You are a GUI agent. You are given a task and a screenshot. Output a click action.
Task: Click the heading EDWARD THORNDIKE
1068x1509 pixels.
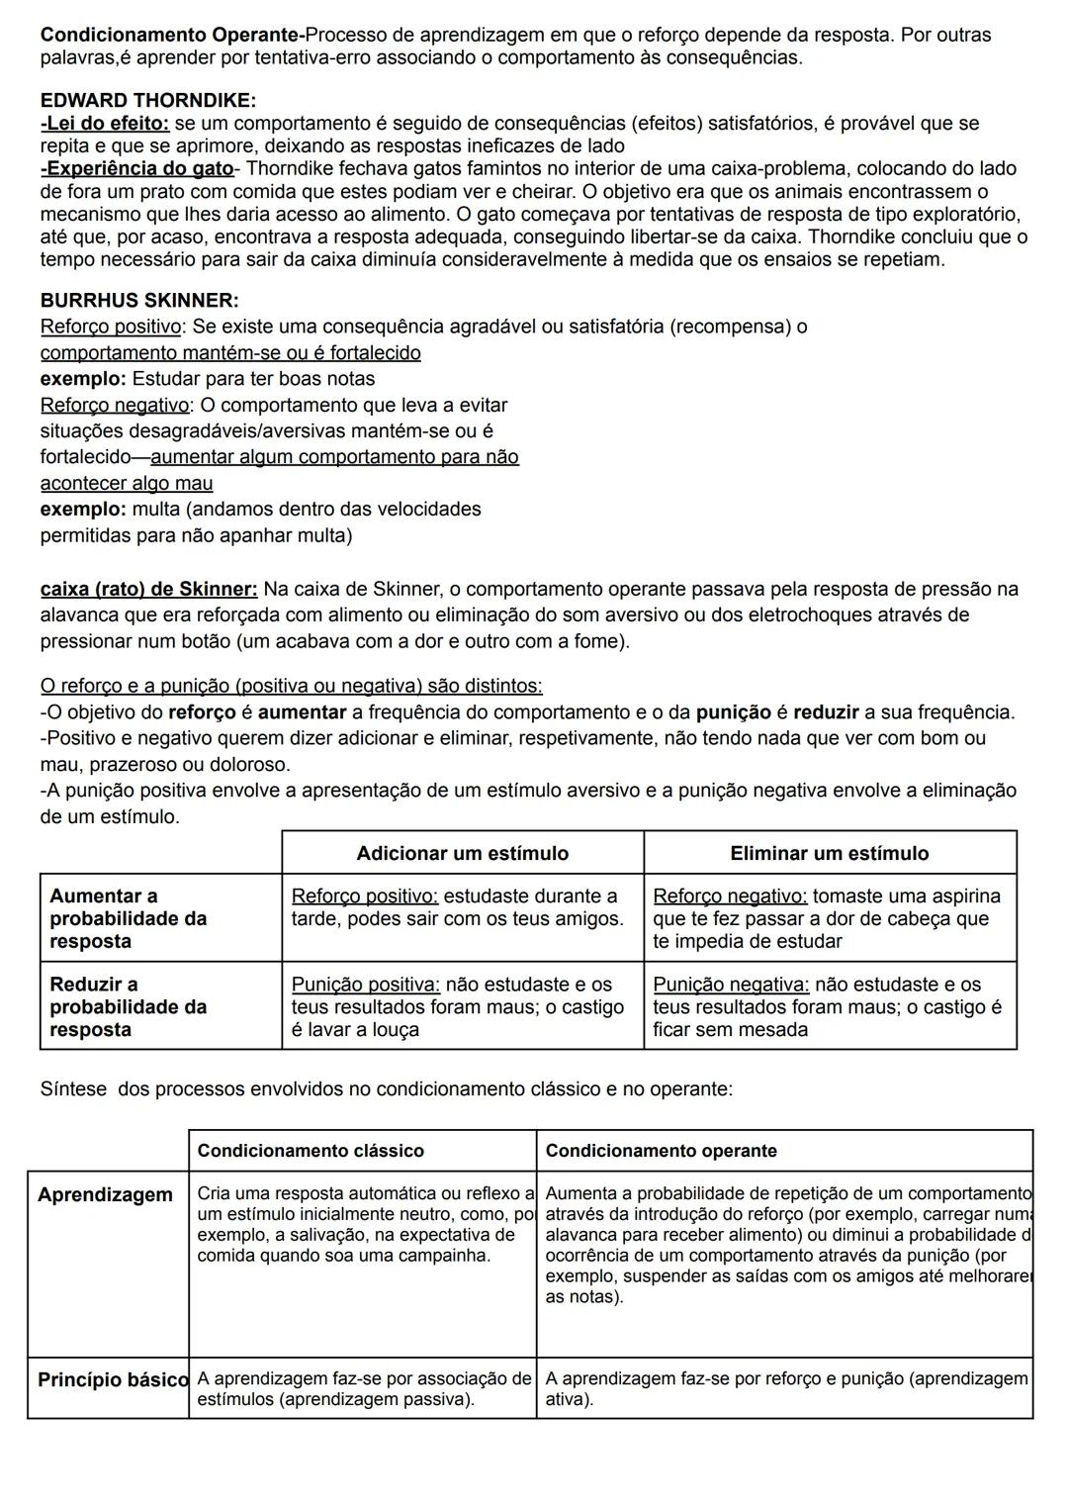click(147, 101)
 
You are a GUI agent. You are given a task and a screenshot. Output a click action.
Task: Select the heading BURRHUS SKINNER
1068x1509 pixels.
click(139, 300)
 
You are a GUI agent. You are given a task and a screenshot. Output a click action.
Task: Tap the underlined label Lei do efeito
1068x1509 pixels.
click(105, 124)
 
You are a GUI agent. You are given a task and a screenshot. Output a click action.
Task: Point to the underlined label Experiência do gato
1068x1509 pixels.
click(137, 169)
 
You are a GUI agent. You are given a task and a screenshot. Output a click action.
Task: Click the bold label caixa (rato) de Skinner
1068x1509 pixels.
click(148, 590)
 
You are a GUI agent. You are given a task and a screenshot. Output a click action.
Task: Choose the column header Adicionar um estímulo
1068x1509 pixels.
click(462, 853)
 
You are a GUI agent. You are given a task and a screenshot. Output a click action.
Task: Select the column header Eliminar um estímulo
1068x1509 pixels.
click(829, 853)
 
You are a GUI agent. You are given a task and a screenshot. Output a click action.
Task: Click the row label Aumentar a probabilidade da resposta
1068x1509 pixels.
click(128, 918)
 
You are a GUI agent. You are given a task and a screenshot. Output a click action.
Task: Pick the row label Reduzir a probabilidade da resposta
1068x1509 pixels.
click(128, 1006)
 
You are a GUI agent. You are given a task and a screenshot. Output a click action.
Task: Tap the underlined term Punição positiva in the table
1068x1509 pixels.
click(365, 985)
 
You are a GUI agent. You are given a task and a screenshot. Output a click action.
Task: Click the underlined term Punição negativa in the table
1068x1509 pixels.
click(731, 985)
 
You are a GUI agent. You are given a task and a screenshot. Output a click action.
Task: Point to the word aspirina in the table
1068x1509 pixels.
click(962, 896)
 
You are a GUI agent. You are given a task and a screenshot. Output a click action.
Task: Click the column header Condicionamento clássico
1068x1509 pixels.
click(310, 1151)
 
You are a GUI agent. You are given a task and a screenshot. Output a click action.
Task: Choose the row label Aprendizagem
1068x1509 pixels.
click(105, 1195)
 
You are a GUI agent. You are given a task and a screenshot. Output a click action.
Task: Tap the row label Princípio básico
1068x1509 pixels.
click(112, 1379)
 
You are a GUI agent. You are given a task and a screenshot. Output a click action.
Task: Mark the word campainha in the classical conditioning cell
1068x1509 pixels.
click(444, 1256)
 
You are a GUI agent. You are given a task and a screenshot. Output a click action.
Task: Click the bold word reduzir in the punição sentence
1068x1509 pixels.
click(826, 712)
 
